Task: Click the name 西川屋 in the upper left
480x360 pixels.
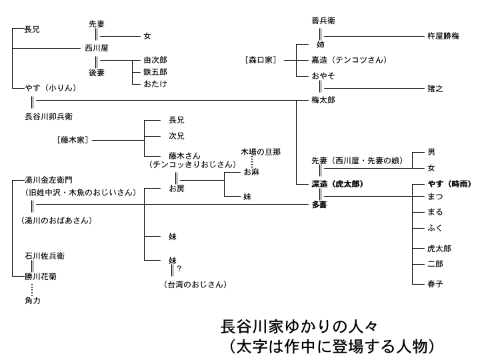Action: [96, 48]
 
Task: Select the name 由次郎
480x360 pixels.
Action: [155, 59]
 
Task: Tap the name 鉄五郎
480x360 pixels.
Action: [155, 71]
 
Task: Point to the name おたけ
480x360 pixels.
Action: [155, 83]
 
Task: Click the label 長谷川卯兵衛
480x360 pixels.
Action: [48, 116]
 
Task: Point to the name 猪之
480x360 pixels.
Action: [435, 87]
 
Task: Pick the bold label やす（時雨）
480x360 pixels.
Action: [449, 183]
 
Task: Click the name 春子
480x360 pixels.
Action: [435, 283]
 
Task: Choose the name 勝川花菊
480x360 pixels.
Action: [41, 275]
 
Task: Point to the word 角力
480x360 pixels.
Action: [32, 301]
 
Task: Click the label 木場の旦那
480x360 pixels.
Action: [261, 152]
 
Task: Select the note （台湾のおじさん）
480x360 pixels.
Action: [195, 284]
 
